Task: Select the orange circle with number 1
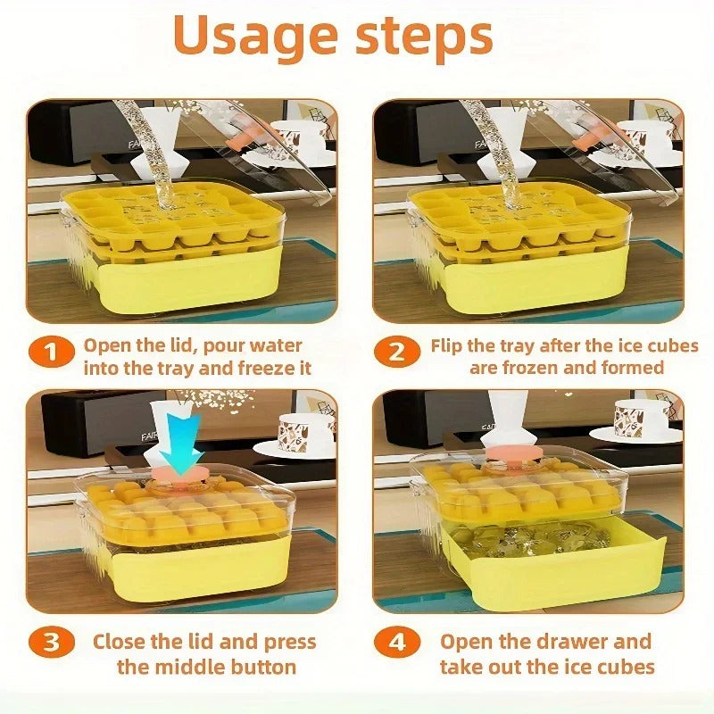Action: pyautogui.click(x=52, y=353)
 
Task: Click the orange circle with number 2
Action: pyautogui.click(x=396, y=353)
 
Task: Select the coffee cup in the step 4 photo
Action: pyautogui.click(x=641, y=418)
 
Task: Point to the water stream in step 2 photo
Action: pyautogui.click(x=500, y=152)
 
